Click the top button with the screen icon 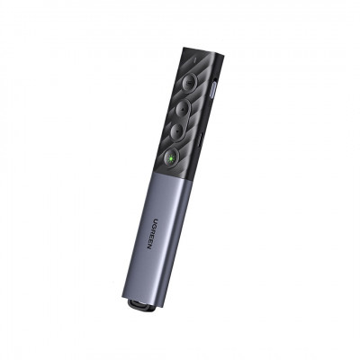coord(189,83)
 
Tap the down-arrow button coord(178,131)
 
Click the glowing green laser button coord(171,157)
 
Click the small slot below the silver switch coord(201,139)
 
